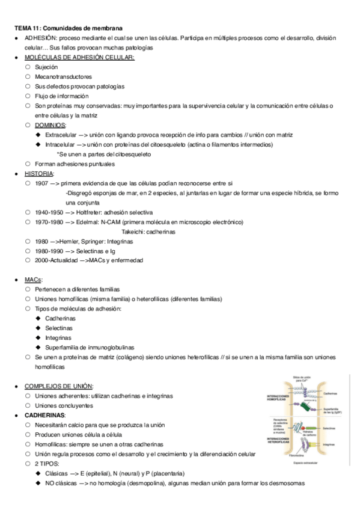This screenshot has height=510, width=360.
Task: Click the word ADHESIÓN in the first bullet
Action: tap(40, 38)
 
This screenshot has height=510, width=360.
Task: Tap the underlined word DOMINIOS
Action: tap(50, 125)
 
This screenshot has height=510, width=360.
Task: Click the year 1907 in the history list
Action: tap(41, 183)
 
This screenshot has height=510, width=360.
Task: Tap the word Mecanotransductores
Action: tap(63, 76)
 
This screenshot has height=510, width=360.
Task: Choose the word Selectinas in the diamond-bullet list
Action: tap(58, 328)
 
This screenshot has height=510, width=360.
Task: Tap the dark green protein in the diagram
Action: tap(307, 407)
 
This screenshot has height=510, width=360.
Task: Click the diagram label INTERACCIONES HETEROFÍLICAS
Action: tap(278, 441)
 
